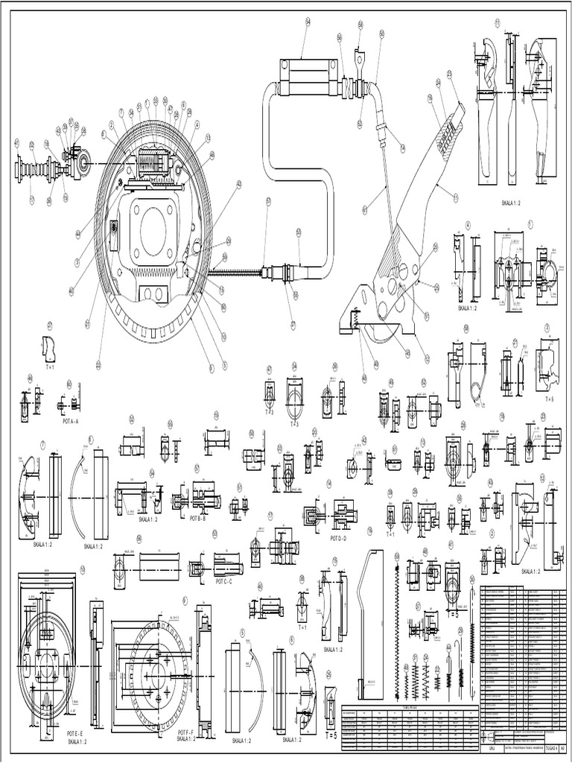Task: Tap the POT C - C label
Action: pyautogui.click(x=224, y=580)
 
